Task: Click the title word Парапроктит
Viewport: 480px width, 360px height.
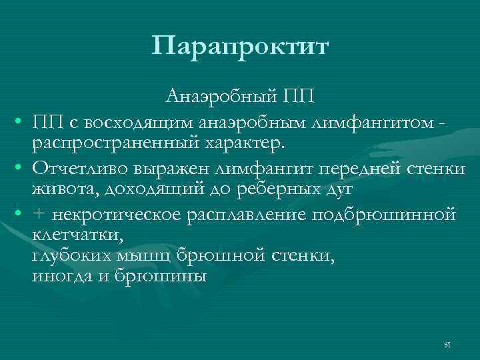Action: [x=240, y=47]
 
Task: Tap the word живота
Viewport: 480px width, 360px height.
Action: [x=59, y=189]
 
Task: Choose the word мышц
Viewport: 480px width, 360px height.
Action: [x=145, y=257]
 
